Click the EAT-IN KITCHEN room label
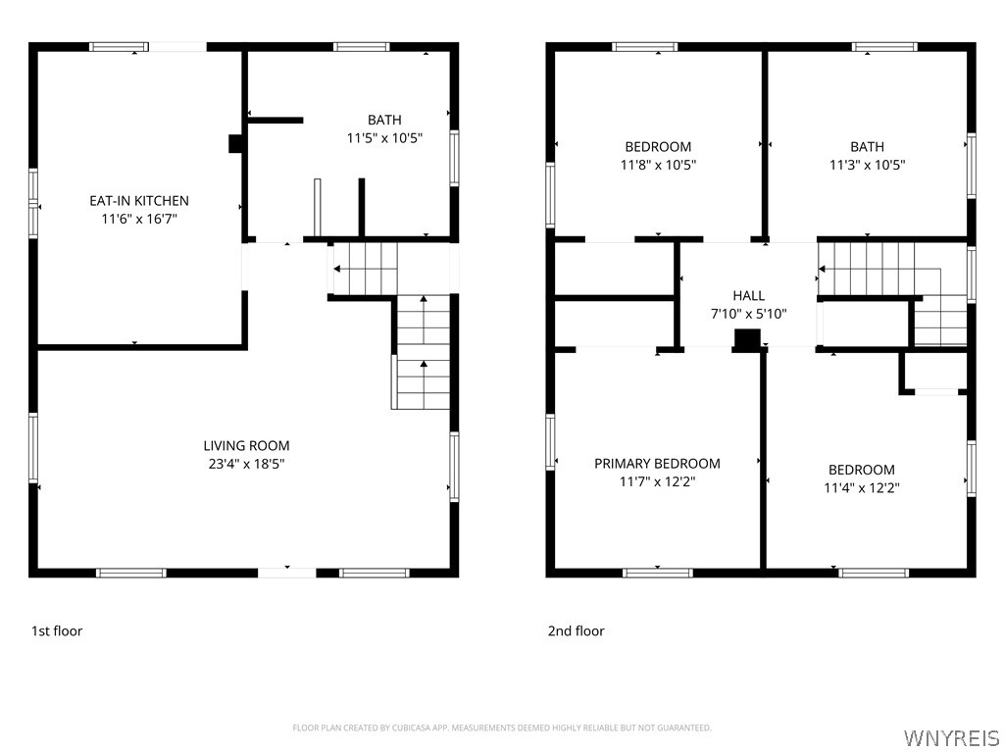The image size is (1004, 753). (x=139, y=200)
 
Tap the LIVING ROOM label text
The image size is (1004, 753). (x=246, y=446)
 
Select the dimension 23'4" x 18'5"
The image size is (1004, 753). (x=246, y=464)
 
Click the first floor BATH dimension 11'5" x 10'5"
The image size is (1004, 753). (x=384, y=137)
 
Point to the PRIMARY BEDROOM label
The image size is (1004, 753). (x=657, y=463)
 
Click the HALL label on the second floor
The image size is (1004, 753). (x=748, y=295)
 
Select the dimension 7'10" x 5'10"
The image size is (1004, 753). (x=748, y=314)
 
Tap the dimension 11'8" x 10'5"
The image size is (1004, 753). (x=658, y=165)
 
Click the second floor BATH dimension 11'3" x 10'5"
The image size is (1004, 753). (x=868, y=165)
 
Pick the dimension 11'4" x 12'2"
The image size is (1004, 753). (x=862, y=488)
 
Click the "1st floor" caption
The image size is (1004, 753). (x=57, y=630)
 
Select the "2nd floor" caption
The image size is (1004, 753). (x=577, y=630)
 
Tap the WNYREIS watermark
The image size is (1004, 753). (x=951, y=737)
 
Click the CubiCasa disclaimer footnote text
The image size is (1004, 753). (x=502, y=728)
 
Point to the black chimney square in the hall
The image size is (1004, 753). (x=747, y=340)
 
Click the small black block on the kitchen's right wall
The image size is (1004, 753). (x=235, y=144)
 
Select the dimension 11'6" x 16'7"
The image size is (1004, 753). (x=139, y=219)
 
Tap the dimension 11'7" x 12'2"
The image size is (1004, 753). (x=658, y=481)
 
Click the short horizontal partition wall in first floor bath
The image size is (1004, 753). (x=276, y=120)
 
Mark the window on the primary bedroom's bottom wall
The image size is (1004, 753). (x=658, y=573)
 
